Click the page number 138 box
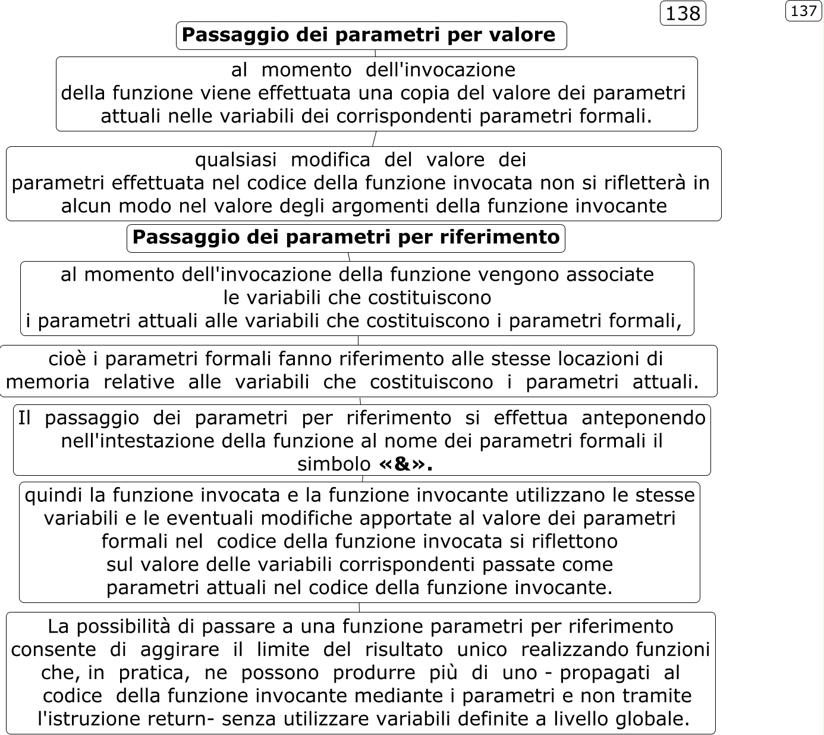point(683,13)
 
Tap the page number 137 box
point(804,11)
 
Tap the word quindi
point(56,495)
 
